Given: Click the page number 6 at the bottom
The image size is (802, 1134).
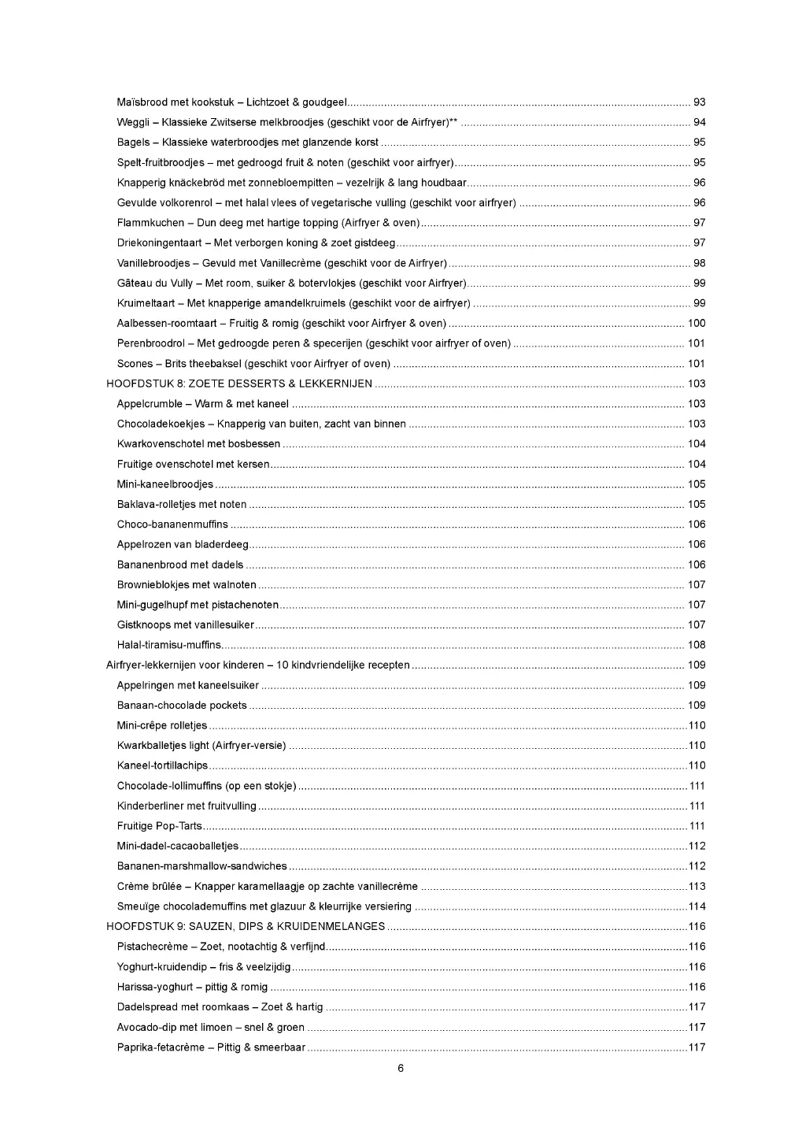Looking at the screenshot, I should tap(401, 1069).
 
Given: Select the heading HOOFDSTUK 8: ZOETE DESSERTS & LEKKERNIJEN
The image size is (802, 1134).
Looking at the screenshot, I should tap(240, 384).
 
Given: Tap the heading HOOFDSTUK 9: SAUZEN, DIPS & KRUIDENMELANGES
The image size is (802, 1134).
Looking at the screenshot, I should tap(246, 927).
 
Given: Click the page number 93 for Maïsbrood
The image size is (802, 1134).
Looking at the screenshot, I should tap(699, 102).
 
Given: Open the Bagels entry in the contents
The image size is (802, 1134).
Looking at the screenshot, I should tap(247, 143).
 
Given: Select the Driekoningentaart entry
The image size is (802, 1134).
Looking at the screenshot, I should tap(256, 243).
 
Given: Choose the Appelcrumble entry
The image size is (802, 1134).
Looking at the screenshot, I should tap(202, 404).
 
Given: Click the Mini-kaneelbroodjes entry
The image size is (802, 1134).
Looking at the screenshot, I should tap(165, 484).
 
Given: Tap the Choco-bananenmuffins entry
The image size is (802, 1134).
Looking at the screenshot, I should tap(172, 524).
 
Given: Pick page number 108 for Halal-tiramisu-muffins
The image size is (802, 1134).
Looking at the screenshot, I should tap(697, 645).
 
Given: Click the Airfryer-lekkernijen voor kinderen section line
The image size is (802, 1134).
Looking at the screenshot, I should tap(257, 665).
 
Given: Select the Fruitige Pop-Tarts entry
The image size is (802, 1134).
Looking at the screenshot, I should tap(160, 826).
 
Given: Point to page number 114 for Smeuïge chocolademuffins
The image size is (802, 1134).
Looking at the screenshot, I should tap(697, 906).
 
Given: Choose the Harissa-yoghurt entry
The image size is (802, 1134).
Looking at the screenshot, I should tap(192, 987).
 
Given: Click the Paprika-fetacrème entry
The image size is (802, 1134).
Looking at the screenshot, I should tap(211, 1047).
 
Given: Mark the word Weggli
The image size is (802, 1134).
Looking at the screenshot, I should tap(133, 122).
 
